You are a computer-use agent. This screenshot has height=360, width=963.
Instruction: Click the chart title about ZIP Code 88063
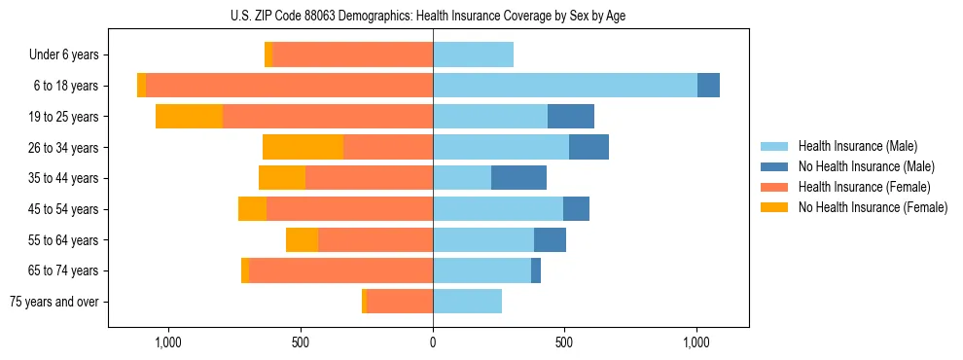pyautogui.click(x=433, y=15)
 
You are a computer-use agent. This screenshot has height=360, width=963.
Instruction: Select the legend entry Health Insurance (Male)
pyautogui.click(x=853, y=146)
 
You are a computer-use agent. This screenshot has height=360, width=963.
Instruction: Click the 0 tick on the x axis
pyautogui.click(x=433, y=342)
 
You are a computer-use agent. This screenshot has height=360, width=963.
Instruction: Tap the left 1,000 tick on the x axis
pyautogui.click(x=168, y=342)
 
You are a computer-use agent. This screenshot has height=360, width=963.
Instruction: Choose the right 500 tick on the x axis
pyautogui.click(x=565, y=342)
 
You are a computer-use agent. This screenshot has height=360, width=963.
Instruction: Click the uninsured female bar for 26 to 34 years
pyautogui.click(x=303, y=147)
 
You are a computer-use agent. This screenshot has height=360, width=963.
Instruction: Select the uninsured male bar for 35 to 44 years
pyautogui.click(x=518, y=178)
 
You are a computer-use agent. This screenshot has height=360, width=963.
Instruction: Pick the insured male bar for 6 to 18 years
pyautogui.click(x=565, y=86)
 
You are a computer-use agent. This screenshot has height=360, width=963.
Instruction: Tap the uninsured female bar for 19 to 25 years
pyautogui.click(x=189, y=117)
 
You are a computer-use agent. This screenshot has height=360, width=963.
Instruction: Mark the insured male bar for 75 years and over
pyautogui.click(x=467, y=302)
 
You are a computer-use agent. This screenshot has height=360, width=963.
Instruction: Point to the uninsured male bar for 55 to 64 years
pyautogui.click(x=550, y=239)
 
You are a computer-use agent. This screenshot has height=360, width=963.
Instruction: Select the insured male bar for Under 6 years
pyautogui.click(x=473, y=54)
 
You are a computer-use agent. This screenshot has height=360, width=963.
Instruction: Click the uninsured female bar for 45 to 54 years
pyautogui.click(x=252, y=209)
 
